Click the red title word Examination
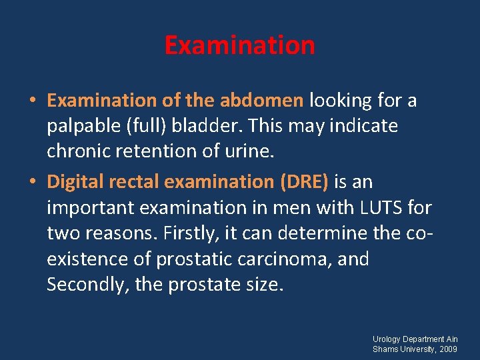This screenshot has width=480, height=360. click(x=239, y=45)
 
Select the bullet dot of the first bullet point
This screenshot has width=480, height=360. click(x=33, y=101)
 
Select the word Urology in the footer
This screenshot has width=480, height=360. click(x=387, y=339)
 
